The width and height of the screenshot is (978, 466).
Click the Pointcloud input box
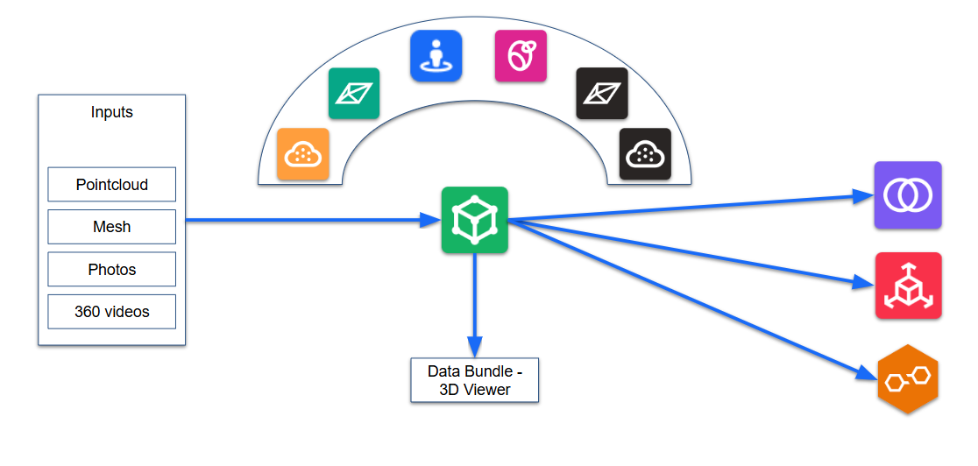111,185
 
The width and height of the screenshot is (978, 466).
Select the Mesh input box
111,227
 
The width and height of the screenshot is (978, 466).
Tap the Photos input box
111,270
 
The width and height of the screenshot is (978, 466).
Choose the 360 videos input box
111,312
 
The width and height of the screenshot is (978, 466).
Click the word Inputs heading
112,112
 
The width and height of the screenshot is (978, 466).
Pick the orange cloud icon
303,155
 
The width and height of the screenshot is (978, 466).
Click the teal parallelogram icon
354,94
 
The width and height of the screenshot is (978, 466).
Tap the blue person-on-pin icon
436,56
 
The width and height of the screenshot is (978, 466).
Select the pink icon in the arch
521,56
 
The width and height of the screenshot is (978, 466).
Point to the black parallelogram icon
602,94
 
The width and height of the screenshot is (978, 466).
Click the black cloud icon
645,155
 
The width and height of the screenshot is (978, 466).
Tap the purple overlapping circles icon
908,195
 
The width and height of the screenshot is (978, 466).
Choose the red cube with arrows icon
908,286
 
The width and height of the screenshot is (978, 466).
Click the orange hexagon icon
908,379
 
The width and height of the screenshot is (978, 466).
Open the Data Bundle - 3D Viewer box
475,380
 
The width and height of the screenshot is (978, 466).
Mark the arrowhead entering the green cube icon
430,221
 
